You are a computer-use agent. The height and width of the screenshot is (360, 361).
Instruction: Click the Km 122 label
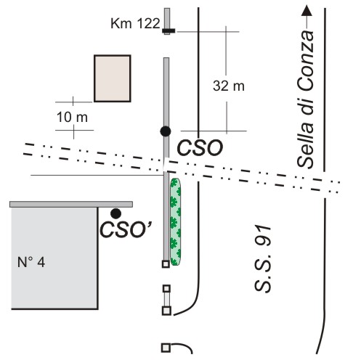coord(135,24)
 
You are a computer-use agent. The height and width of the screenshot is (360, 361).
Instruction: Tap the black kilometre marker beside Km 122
coord(169,30)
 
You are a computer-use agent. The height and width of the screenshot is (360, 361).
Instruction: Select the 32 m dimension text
coord(229,86)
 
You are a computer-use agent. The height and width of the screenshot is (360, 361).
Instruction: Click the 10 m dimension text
coord(72,117)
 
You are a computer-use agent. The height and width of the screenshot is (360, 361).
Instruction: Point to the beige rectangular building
coord(113,78)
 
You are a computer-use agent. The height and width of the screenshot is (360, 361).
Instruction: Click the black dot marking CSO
coord(166,131)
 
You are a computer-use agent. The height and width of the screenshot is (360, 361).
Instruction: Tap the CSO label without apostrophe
coord(200,148)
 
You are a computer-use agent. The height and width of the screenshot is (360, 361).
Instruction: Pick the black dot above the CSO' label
coord(115,213)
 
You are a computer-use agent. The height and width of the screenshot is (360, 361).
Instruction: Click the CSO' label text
coord(126,230)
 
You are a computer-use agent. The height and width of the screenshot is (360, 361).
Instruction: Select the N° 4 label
coord(31,262)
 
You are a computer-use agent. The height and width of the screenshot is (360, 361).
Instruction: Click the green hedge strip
coord(175,222)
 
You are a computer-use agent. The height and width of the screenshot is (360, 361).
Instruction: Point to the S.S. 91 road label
coord(263,258)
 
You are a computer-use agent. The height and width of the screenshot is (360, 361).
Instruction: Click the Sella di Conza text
coord(306,99)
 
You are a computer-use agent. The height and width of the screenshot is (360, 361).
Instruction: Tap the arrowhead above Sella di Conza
coord(307,10)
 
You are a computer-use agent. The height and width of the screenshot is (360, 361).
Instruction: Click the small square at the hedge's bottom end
coord(166,263)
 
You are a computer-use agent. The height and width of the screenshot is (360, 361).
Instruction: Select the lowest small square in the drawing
coord(166,348)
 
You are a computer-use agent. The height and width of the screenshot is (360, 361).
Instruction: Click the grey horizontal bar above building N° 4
coord(71,204)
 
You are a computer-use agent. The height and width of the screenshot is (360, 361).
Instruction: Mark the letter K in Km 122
coord(115,24)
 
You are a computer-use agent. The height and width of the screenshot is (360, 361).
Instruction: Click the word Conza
coord(306,60)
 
